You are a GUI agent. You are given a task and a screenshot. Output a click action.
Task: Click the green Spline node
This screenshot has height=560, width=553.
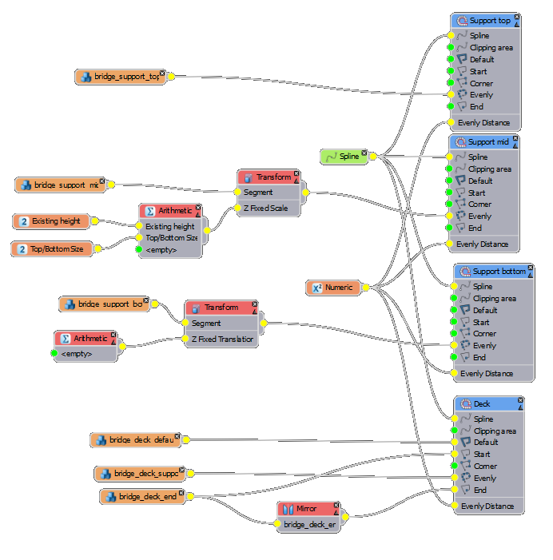pyautogui.click(x=344, y=157)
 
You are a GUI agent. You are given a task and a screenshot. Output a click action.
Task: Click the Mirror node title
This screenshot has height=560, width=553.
pyautogui.click(x=306, y=509)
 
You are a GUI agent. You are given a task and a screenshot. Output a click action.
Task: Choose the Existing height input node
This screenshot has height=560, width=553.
pyautogui.click(x=54, y=220)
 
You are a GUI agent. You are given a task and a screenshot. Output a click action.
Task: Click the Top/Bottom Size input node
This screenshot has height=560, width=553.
pyautogui.click(x=54, y=249)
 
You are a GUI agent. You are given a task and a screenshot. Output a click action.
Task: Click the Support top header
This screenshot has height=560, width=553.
pyautogui.click(x=485, y=20)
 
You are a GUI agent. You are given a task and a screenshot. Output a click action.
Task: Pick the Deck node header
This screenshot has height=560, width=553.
pyautogui.click(x=486, y=404)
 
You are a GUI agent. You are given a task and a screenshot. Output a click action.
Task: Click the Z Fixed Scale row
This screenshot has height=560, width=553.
pyautogui.click(x=266, y=209)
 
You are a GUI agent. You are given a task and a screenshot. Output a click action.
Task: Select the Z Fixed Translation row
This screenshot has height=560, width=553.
pyautogui.click(x=221, y=340)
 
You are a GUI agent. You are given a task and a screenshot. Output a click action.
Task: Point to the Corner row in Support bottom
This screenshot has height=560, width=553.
pyautogui.click(x=483, y=334)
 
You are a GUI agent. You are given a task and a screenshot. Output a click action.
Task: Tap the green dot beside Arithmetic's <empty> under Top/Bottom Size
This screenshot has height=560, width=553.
pyautogui.click(x=138, y=250)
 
